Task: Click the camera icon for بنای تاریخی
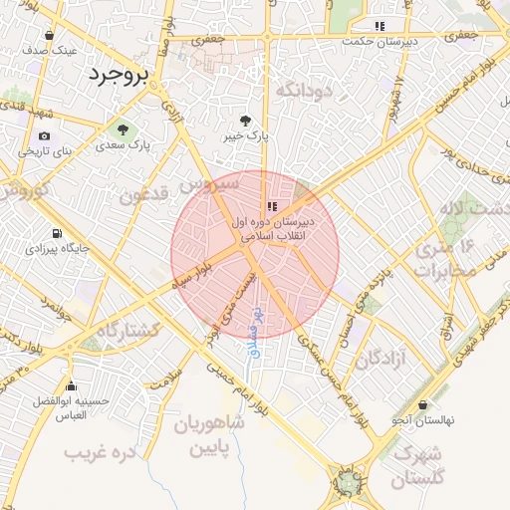click(x=44, y=135)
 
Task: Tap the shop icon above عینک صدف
click(x=50, y=36)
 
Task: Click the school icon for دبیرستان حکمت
click(x=379, y=26)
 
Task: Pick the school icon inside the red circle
click(x=272, y=205)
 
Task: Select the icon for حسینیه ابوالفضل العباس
click(x=71, y=386)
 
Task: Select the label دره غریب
click(x=99, y=452)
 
